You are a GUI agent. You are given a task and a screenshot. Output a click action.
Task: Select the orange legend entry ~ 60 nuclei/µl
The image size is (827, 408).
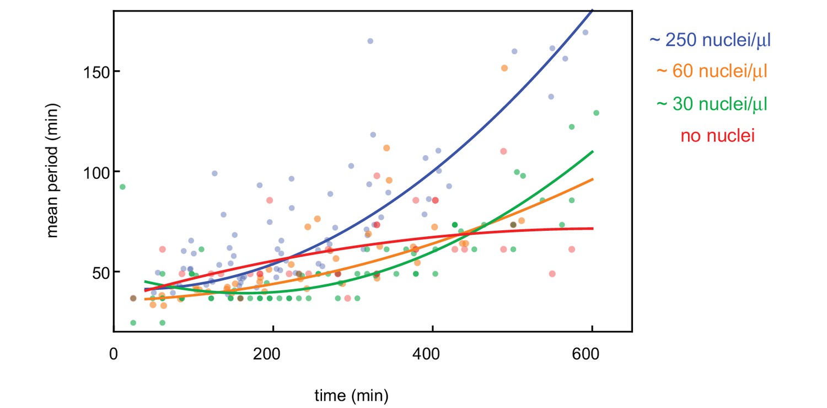click(x=712, y=71)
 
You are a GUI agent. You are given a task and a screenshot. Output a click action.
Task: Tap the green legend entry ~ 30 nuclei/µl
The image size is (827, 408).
click(x=712, y=103)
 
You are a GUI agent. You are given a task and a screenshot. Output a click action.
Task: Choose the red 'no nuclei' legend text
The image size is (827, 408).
click(x=717, y=136)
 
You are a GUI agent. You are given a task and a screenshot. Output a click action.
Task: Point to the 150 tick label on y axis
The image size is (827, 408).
click(x=95, y=72)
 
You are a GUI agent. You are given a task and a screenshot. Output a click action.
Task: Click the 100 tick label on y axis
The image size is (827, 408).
click(x=95, y=172)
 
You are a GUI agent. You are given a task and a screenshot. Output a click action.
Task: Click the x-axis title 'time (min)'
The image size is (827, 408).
click(x=351, y=395)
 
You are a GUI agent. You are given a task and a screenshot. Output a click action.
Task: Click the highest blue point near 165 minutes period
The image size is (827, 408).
click(x=370, y=41)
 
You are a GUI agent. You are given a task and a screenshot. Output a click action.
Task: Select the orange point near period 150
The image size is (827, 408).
click(x=504, y=68)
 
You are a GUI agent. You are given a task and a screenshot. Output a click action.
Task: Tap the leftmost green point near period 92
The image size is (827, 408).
click(x=122, y=187)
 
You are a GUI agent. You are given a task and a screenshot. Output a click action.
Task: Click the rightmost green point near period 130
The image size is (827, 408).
click(x=596, y=113)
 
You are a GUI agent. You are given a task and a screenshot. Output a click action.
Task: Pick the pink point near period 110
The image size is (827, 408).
click(x=503, y=151)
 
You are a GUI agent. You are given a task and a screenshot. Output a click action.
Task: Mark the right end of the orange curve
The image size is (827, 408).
click(x=593, y=179)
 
